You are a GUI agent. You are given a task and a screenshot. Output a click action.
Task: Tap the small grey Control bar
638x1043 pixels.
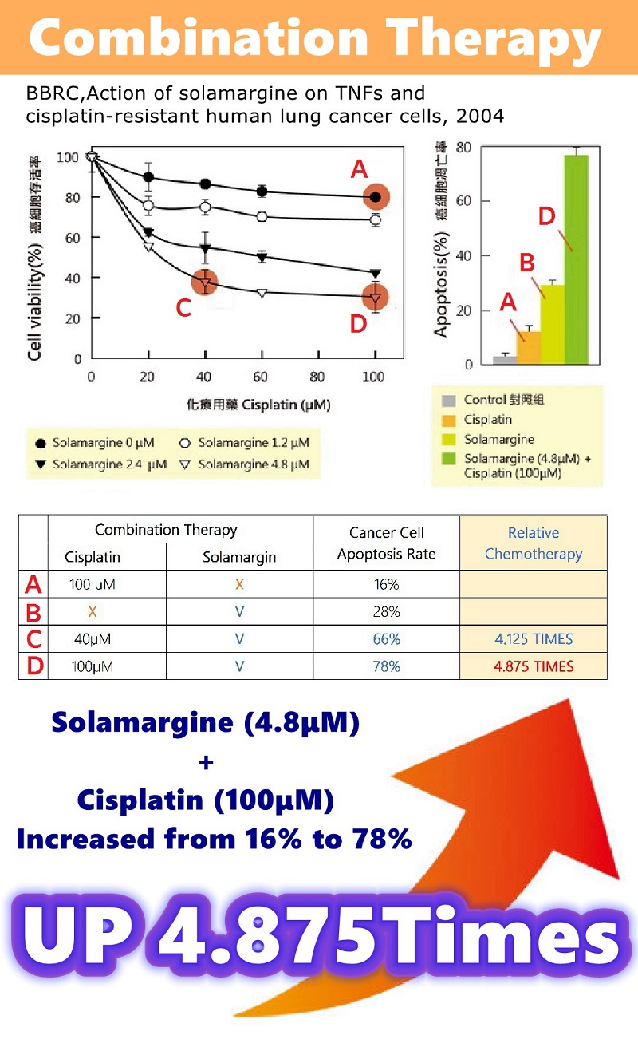(x=504, y=360)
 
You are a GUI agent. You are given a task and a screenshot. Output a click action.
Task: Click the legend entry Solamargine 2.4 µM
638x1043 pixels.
(x=101, y=464)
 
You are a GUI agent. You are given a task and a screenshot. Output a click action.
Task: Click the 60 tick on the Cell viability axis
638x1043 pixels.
(x=72, y=237)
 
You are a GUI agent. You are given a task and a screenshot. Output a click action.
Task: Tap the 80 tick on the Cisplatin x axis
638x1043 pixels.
(x=317, y=377)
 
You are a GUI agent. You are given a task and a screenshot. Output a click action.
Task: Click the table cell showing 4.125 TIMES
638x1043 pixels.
(x=533, y=639)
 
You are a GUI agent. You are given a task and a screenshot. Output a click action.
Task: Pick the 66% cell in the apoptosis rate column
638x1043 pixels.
(x=386, y=639)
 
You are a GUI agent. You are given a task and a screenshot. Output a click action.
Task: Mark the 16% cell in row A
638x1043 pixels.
(x=386, y=585)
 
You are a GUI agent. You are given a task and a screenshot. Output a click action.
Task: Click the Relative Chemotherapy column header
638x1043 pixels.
(x=533, y=543)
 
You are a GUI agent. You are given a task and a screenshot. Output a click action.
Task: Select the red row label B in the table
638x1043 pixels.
(x=33, y=612)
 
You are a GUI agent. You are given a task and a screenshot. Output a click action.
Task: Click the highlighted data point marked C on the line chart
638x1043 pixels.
(x=205, y=282)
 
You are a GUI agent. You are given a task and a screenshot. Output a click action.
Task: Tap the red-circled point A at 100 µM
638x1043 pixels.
(x=376, y=197)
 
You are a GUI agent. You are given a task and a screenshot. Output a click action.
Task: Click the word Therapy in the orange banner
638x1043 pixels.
(x=478, y=38)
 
